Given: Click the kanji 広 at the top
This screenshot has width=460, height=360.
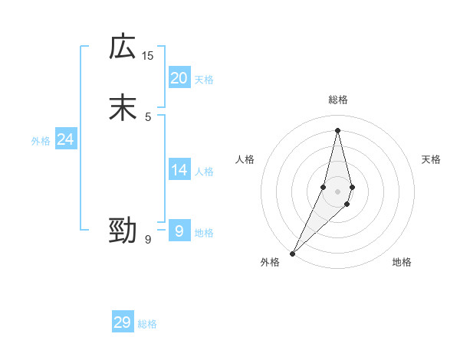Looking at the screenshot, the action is pos(123,47).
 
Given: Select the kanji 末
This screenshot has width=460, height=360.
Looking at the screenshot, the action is pos(123,107).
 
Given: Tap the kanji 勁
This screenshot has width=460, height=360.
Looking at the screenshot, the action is pos(123,231).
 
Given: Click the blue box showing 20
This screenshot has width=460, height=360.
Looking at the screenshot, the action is pos(179,78).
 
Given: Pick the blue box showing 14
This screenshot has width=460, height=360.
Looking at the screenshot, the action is pos(179,170).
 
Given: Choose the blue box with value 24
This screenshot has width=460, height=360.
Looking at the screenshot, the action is pos(66,139).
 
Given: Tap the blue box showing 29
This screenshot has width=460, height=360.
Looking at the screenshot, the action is pos(123,322).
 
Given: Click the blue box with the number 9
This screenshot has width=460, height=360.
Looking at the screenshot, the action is pos(179,231).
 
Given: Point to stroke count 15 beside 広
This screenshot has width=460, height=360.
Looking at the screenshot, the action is pos(148,55).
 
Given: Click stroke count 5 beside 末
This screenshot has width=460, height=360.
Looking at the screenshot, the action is pos(148,116).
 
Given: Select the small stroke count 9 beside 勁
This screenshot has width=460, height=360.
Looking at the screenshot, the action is pos(148,240).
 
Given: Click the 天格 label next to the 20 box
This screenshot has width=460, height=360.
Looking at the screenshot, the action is pos(204,80).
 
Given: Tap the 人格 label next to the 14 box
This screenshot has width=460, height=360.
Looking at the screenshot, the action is pos(204,172).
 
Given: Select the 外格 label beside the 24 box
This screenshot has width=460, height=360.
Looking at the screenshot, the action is pos(41,141).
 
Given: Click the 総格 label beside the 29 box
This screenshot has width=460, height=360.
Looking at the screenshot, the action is pos(147,324).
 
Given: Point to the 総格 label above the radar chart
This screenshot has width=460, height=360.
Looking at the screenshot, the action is pos(337,100).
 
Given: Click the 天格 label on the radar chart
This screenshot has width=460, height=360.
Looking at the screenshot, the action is pos(431,159).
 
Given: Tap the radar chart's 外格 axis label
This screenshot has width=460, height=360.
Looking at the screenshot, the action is pos(270,262).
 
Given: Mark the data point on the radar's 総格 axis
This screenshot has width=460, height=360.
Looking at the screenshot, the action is pos(337,129).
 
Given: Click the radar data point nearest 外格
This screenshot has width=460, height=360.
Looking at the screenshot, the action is pos(292,253).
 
